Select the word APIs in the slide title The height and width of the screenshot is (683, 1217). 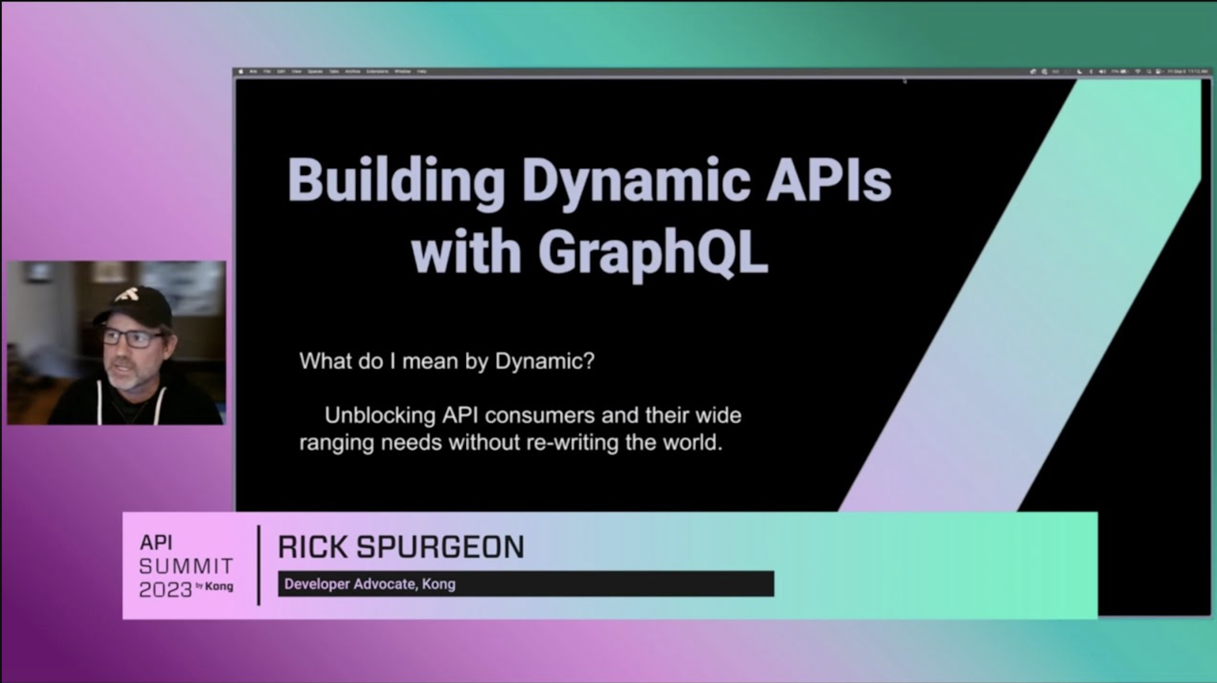(828, 181)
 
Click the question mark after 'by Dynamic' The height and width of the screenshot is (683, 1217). (589, 361)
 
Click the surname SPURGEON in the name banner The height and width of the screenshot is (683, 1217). (440, 547)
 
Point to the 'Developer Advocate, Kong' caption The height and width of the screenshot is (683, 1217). (370, 584)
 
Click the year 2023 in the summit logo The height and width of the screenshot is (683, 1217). (165, 590)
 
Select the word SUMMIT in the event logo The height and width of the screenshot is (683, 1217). (186, 566)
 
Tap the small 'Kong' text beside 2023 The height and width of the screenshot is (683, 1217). (219, 587)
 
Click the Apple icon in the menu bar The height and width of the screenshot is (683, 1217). (241, 72)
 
